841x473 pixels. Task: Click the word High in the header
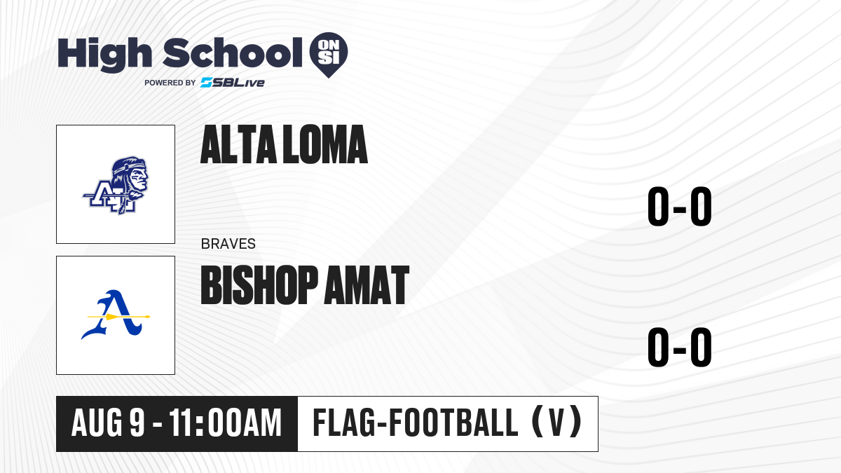pos(104,54)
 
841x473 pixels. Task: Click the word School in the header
pos(233,53)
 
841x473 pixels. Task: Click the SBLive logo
pos(233,83)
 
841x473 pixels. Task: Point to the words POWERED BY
pos(170,83)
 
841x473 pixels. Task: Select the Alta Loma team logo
pos(116,186)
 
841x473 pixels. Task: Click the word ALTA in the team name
pos(238,144)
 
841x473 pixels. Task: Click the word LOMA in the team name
pos(325,144)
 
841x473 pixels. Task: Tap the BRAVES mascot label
pos(228,244)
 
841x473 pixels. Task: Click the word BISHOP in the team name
pos(259,285)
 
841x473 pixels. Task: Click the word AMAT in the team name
pos(367,285)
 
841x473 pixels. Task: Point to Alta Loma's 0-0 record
pos(680,207)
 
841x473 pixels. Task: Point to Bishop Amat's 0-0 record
pos(680,348)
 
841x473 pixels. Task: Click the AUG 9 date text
pos(108,423)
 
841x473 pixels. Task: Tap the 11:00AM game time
pos(225,423)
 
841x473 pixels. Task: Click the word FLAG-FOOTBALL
pos(416,423)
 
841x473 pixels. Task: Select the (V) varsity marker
pos(556,423)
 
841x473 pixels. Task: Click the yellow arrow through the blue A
pos(118,317)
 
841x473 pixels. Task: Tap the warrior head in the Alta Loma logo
pos(130,175)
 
